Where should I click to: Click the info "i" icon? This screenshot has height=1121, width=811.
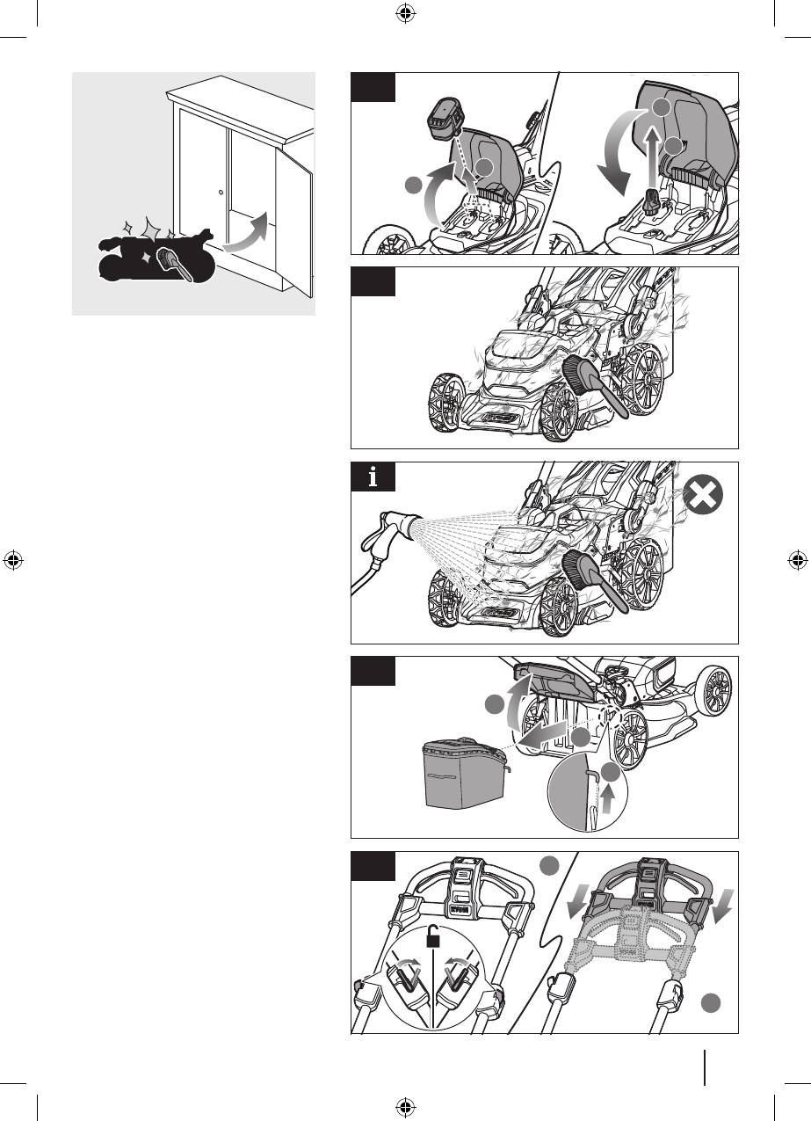(x=373, y=477)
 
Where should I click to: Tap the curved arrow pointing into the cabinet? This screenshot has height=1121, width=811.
(x=247, y=232)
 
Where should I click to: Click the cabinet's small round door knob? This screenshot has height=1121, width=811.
(x=220, y=191)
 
